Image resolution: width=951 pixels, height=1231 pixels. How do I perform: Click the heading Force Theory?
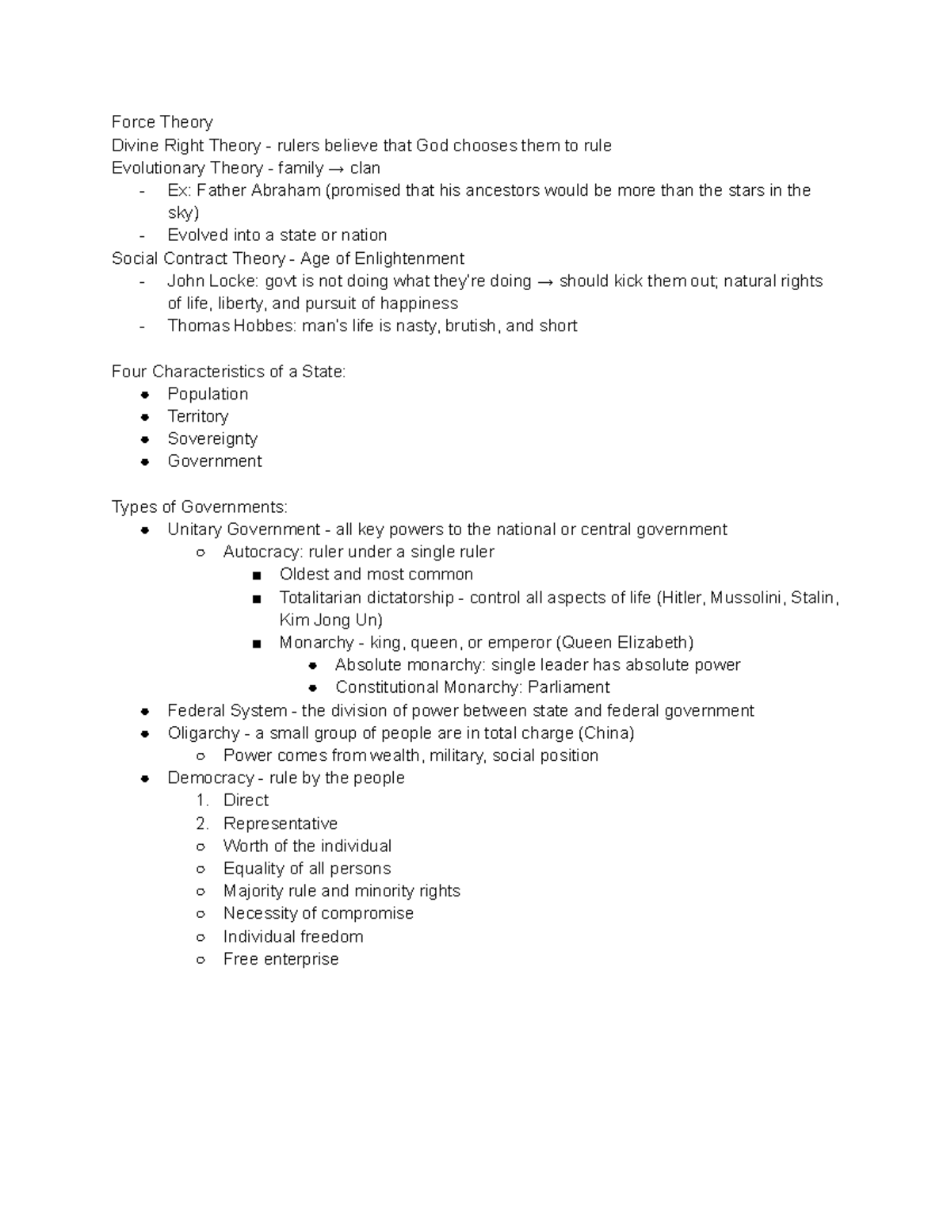(162, 122)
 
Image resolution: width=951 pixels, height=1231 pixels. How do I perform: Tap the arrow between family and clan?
(336, 168)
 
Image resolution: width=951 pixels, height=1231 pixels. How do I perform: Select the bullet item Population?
(208, 394)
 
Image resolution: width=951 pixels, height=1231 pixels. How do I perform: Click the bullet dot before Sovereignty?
(145, 439)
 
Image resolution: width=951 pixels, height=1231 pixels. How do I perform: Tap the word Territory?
(198, 416)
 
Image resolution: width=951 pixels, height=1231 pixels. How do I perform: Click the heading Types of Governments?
(200, 507)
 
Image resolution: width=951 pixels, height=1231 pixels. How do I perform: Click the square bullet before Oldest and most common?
(256, 575)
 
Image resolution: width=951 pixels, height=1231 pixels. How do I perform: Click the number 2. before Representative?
(202, 824)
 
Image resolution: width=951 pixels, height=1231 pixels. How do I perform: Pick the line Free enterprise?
(281, 959)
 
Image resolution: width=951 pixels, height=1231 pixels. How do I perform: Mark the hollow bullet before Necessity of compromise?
(201, 914)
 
